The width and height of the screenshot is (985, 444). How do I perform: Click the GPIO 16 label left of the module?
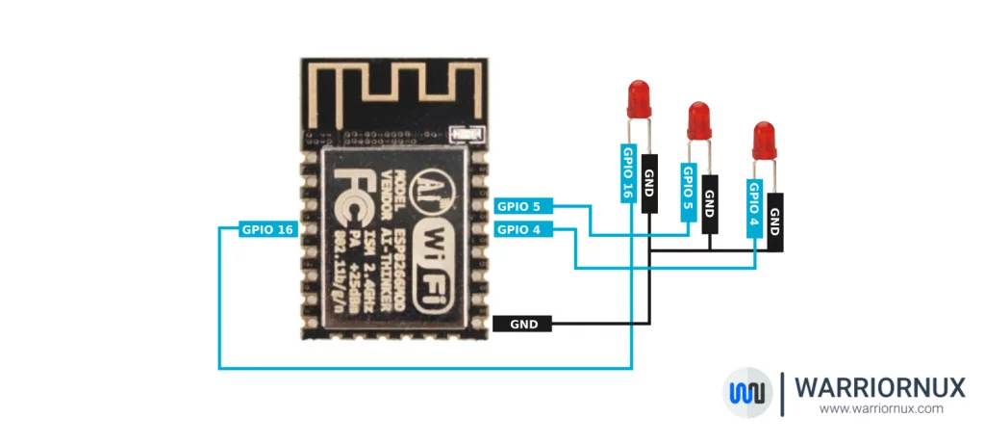click(x=267, y=229)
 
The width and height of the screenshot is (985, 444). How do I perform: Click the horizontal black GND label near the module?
click(x=522, y=325)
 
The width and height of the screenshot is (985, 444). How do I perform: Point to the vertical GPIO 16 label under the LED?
click(x=628, y=173)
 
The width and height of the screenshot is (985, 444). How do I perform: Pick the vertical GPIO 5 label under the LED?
click(x=688, y=192)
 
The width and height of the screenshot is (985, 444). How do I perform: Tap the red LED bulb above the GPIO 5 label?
click(x=699, y=120)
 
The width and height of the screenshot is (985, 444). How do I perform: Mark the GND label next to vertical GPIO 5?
click(x=710, y=203)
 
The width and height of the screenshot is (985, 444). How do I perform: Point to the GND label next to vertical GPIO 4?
click(x=774, y=222)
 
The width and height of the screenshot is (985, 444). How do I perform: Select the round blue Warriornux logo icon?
click(x=747, y=392)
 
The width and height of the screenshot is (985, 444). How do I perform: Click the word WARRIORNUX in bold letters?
click(x=879, y=387)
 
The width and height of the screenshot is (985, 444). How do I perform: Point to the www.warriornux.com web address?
click(x=880, y=408)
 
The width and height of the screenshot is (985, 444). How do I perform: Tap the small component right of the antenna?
click(x=467, y=136)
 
